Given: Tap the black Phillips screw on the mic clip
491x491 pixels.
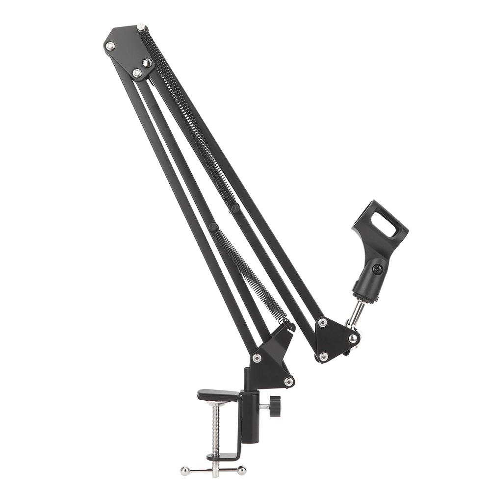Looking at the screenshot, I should (377, 269).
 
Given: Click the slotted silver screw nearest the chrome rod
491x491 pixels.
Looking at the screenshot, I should (353, 338).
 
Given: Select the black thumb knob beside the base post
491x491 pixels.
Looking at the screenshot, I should (275, 406).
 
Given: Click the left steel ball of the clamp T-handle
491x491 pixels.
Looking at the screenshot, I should (184, 471).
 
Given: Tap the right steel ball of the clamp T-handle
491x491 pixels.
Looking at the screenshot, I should (241, 471).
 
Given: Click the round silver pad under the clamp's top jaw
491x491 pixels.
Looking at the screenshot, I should (216, 403).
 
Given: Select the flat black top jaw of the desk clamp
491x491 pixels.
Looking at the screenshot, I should (218, 394).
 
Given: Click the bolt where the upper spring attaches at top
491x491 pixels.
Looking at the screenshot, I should (141, 27).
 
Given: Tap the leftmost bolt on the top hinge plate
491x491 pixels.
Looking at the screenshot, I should (110, 46).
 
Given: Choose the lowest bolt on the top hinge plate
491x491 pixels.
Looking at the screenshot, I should (137, 73).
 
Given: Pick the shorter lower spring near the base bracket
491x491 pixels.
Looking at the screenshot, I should (250, 275).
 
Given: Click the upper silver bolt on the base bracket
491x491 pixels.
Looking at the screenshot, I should (256, 358).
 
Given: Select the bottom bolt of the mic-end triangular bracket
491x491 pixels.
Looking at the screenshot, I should (323, 357).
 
